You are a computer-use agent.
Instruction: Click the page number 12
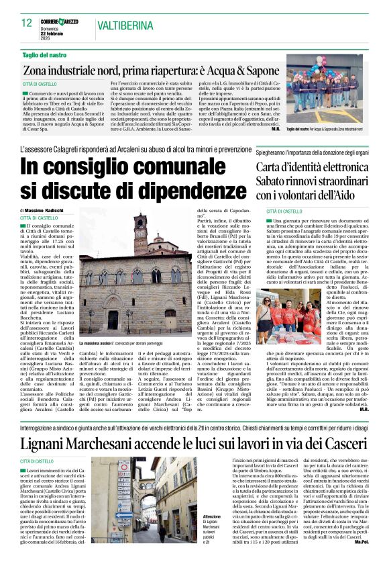[x=26, y=23]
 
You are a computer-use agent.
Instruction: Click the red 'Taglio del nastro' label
[x=45, y=54]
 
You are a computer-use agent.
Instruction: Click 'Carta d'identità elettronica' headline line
[x=311, y=167]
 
